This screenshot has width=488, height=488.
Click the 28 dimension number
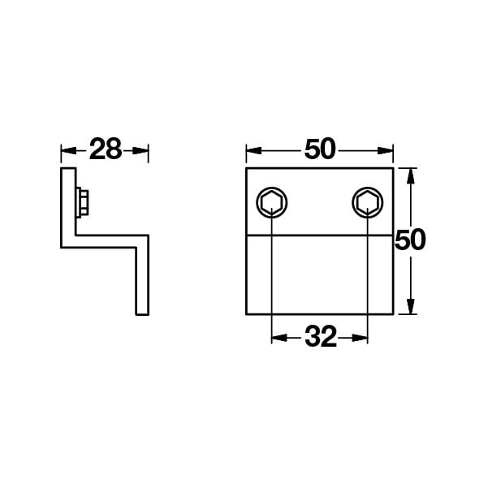[106, 149]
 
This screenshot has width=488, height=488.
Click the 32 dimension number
[321, 336]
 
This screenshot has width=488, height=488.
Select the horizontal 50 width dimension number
[320, 149]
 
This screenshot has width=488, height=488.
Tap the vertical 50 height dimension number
[410, 240]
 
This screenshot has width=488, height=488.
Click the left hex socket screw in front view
[272, 203]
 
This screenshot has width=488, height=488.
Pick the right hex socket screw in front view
[368, 203]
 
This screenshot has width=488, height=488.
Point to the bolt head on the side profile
[83, 201]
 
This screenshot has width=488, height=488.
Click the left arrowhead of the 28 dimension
[69, 151]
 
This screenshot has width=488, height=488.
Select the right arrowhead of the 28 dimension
[140, 151]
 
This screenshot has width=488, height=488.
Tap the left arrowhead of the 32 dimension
[279, 338]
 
